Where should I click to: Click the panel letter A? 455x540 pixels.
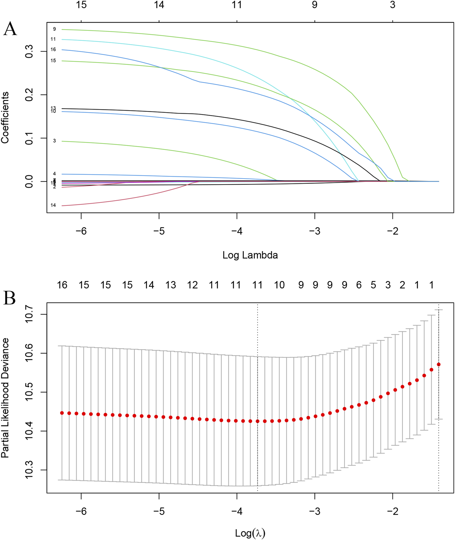click(x=10, y=29)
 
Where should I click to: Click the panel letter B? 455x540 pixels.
click(x=10, y=298)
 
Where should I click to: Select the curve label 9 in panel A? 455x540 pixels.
click(x=54, y=29)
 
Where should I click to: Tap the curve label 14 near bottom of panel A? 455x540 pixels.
click(x=53, y=205)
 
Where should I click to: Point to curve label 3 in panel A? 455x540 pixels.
click(x=54, y=141)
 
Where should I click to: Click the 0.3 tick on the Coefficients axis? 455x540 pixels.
click(x=29, y=51)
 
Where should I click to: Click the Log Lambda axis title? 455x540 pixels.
click(x=250, y=255)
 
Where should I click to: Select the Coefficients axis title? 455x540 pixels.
click(x=5, y=117)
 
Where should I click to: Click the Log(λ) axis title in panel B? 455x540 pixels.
click(x=250, y=533)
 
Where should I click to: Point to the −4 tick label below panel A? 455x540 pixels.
click(x=237, y=231)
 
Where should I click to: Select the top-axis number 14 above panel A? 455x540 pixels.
click(x=159, y=5)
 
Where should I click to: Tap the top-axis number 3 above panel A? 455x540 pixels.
click(x=393, y=5)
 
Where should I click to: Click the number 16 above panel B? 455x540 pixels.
click(x=62, y=285)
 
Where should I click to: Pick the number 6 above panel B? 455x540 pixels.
click(x=359, y=285)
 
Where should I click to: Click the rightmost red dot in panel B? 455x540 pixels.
click(x=438, y=364)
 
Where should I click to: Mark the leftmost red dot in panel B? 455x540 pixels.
click(x=62, y=413)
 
